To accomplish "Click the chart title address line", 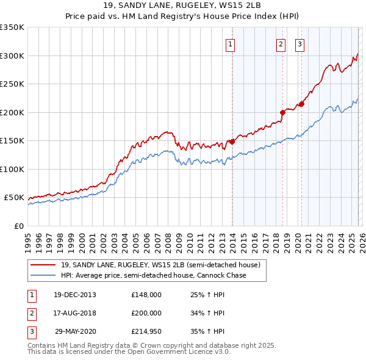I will [182, 5].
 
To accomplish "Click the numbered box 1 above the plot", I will [231, 43].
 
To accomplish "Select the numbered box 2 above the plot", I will [281, 43].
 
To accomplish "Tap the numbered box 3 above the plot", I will [300, 43].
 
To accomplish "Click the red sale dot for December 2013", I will [232, 142].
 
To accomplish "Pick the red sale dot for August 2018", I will [282, 112].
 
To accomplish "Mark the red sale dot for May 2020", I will [301, 104].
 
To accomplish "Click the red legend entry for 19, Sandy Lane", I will [160, 265].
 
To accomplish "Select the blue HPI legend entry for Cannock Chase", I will [153, 276].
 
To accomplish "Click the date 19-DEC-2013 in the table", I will [74, 295].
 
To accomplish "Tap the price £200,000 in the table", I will [146, 314].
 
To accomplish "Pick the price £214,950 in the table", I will [146, 333].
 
